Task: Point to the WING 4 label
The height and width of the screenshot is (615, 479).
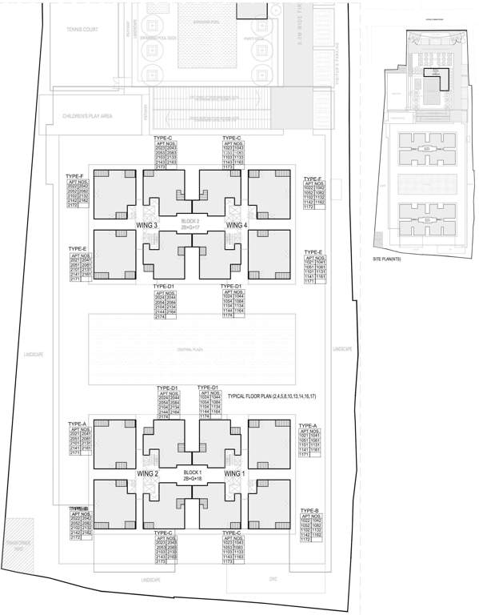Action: [x=238, y=226]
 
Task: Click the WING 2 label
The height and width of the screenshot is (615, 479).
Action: [x=150, y=474]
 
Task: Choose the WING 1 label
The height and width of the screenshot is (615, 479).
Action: [x=234, y=474]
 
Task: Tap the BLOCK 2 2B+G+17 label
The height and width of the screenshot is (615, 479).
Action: [x=190, y=223]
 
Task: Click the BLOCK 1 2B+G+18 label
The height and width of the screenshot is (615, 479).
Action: [x=192, y=475]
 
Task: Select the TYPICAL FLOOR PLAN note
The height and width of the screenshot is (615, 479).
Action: [x=271, y=396]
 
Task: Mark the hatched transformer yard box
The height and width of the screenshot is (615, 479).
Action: [x=18, y=535]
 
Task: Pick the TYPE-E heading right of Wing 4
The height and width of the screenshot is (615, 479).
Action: [x=313, y=251]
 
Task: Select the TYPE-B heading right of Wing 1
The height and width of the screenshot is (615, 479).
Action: [x=309, y=510]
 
